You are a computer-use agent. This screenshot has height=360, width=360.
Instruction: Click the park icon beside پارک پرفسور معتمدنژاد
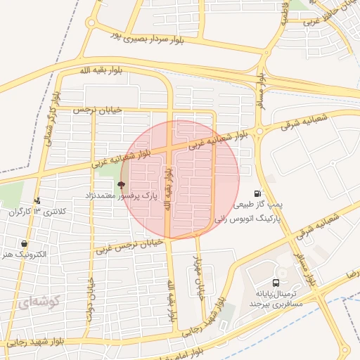pyautogui.click(x=122, y=185)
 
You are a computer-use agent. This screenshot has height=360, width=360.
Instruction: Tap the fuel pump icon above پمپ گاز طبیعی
pyautogui.click(x=258, y=193)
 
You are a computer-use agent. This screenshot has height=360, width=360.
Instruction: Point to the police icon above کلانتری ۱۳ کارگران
pyautogui.click(x=37, y=200)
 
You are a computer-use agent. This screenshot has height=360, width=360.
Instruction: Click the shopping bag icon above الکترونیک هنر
pyautogui.click(x=25, y=243)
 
